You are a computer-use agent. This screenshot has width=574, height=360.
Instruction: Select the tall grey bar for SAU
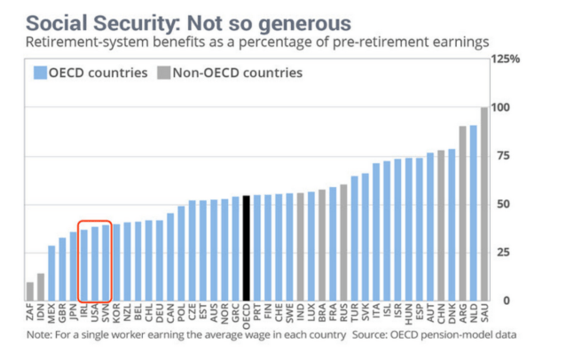pos(484,204)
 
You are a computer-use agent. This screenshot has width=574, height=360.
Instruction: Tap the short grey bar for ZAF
pos(30,292)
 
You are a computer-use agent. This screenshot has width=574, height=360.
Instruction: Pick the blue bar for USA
pos(94,264)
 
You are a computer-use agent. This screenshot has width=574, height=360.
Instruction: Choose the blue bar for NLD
pos(473,213)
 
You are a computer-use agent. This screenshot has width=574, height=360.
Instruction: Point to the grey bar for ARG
pos(462,214)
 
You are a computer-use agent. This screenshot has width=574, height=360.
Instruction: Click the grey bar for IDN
pos(41,287)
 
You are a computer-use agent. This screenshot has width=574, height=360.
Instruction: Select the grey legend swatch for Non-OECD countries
pos(162,73)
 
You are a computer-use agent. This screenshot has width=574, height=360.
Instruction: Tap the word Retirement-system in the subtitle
pos(82,42)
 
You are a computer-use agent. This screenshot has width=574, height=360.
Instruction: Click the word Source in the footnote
pos(371,335)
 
